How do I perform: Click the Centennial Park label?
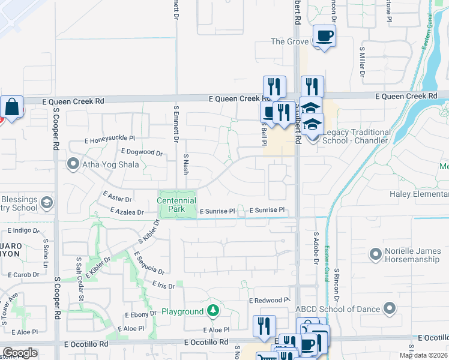click(177, 204)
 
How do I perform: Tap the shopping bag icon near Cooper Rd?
click(11, 107)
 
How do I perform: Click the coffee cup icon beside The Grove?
click(324, 36)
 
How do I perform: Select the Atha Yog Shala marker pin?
click(74, 164)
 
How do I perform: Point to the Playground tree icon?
click(212, 311)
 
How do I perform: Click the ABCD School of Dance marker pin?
click(388, 309)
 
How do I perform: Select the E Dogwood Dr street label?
click(142, 152)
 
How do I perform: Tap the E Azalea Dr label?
click(127, 211)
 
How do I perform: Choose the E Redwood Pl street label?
click(270, 300)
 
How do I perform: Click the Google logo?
click(20, 353)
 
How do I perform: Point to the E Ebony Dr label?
click(140, 314)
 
